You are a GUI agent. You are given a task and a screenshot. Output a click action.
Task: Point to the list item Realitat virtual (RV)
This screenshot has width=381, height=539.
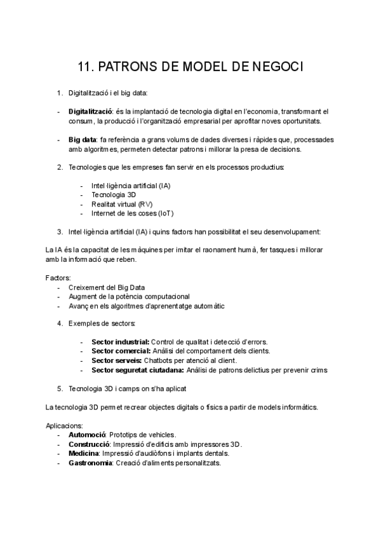123,204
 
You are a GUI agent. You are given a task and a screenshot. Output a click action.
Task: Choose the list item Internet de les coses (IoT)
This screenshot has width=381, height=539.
132,214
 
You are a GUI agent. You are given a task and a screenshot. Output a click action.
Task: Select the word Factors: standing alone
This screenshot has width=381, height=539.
58,278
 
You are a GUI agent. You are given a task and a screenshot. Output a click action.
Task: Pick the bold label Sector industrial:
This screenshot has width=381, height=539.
120,341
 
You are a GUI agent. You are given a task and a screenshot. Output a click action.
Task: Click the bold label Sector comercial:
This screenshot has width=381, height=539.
121,350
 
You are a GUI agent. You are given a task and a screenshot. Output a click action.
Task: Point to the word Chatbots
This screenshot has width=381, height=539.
168,360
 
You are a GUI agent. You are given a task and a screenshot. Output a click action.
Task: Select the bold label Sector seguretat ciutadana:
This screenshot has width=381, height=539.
138,369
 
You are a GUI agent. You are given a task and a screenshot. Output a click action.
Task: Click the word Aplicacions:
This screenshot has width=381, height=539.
64,425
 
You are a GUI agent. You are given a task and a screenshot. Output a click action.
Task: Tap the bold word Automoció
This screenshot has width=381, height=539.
86,435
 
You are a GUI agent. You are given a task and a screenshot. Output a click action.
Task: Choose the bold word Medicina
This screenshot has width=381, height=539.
83,453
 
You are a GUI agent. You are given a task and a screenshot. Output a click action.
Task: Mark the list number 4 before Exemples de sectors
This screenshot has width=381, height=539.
59,323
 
